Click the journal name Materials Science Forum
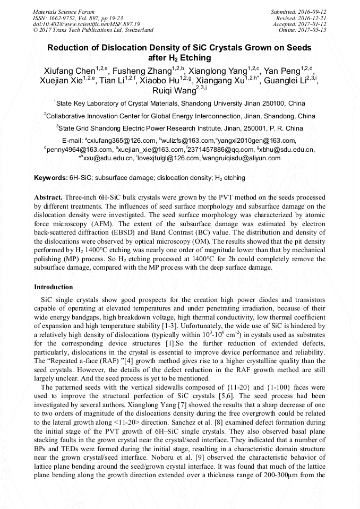[x=64, y=12]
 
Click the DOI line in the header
[x=86, y=24]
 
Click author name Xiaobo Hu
[x=160, y=81]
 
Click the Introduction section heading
[x=54, y=287]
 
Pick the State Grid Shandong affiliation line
[x=179, y=128]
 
